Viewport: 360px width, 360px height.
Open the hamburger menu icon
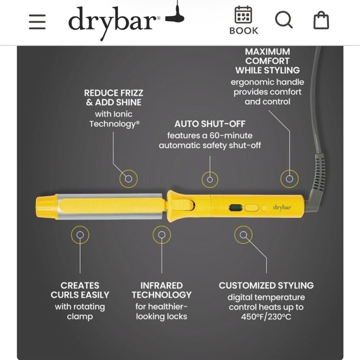[37, 22]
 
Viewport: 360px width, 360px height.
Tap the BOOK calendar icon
[243, 15]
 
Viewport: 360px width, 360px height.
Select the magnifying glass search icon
[284, 20]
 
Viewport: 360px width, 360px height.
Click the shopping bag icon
[321, 20]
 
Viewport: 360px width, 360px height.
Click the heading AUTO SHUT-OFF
[210, 124]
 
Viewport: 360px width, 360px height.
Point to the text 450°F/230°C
[266, 317]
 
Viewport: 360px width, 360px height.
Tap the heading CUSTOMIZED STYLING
[266, 286]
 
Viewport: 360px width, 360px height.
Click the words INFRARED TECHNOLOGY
[161, 290]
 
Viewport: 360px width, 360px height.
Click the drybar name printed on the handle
[282, 207]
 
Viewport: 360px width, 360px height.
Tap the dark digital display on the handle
[236, 208]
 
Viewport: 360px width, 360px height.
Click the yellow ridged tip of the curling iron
[45, 208]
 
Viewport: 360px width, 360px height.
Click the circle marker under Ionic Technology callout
[128, 179]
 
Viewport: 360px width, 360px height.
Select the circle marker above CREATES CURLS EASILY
[80, 235]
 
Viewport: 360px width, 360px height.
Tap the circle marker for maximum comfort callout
[289, 179]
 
